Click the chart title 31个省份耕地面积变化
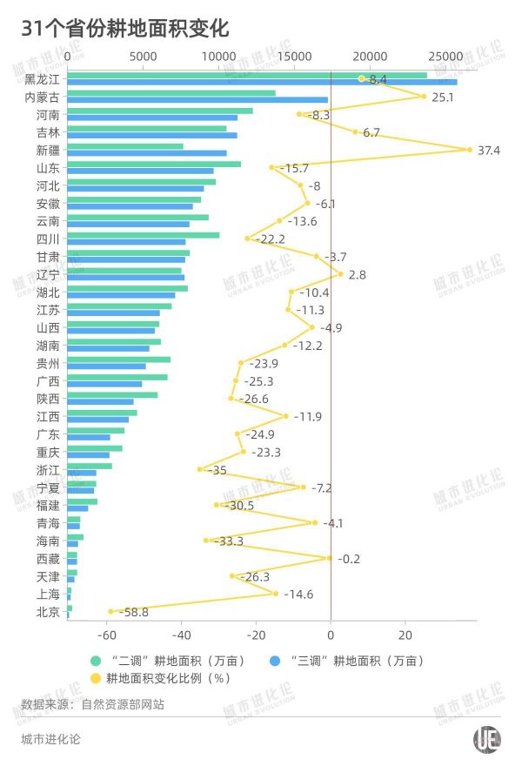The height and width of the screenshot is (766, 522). tap(126, 29)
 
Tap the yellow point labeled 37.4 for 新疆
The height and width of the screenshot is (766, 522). tap(470, 150)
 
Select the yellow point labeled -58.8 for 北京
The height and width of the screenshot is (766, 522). tap(110, 612)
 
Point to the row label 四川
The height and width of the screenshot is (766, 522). tap(48, 239)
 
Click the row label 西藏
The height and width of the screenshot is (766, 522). tap(48, 559)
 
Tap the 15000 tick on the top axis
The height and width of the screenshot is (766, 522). tap(295, 56)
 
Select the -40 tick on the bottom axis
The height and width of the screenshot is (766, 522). tap(182, 635)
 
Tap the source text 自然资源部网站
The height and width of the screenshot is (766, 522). tap(122, 704)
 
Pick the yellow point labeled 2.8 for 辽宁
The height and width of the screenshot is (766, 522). tap(340, 274)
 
